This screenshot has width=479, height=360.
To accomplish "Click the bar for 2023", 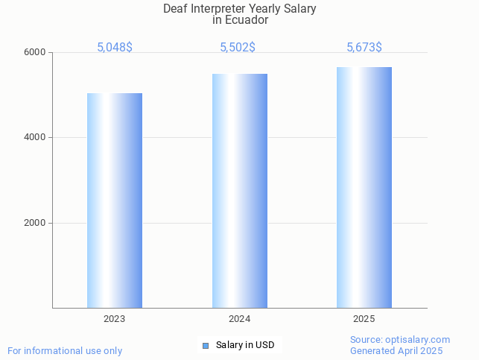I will pos(115,200).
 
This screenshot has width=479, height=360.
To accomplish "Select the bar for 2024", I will pos(239,191).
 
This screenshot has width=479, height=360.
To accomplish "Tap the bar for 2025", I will pos(364,187).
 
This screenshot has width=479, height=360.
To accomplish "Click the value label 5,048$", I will pos(115,47).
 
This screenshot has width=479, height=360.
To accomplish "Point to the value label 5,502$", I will pos(238,47).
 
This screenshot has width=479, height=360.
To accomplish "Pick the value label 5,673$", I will pos(364,47).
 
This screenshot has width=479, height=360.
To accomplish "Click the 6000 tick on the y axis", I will pos(35,52).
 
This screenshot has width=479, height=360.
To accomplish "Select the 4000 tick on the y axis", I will pos(35,138).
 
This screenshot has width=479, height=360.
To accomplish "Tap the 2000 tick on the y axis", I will pos(35,223).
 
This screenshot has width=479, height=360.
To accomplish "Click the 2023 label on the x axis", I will pos(115,318).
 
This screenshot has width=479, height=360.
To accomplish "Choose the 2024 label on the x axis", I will pos(239,318).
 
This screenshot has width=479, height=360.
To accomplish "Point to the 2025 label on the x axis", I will pos(364,318).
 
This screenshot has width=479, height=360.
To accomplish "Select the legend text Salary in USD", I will pos(245,345).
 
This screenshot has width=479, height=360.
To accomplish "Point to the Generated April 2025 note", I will pos(396,350).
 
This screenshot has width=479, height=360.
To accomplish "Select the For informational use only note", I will pos(65,350).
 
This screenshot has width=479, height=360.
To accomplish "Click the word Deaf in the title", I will pos(176,9).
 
